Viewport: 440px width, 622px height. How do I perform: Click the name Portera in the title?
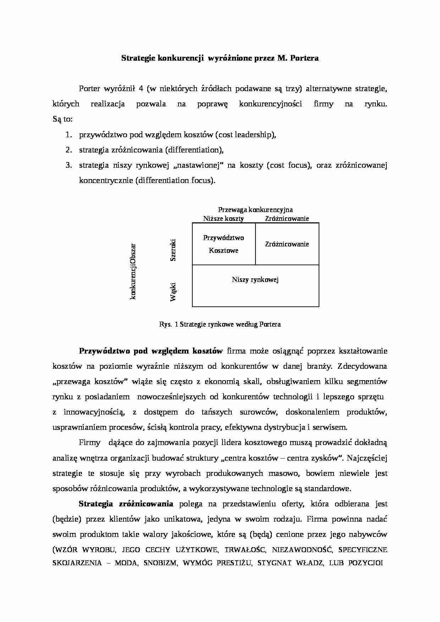304,58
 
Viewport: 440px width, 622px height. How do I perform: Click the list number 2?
68,150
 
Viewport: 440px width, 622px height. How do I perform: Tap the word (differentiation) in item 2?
194,150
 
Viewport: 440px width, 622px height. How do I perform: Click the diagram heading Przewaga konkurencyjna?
255,210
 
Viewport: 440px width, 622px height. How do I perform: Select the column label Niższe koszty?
223,218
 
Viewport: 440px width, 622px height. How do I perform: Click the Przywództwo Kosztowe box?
224,244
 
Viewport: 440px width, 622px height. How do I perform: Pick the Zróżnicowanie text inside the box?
287,244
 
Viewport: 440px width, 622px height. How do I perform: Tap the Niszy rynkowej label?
255,279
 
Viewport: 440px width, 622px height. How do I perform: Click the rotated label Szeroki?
173,250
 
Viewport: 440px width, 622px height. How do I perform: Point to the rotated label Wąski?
173,292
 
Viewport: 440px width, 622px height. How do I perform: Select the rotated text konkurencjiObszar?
133,271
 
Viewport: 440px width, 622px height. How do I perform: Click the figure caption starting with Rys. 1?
220,324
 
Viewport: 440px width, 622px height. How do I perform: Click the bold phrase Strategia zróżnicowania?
126,504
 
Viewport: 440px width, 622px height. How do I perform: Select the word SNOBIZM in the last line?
160,563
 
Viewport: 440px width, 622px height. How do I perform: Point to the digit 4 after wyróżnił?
141,89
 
